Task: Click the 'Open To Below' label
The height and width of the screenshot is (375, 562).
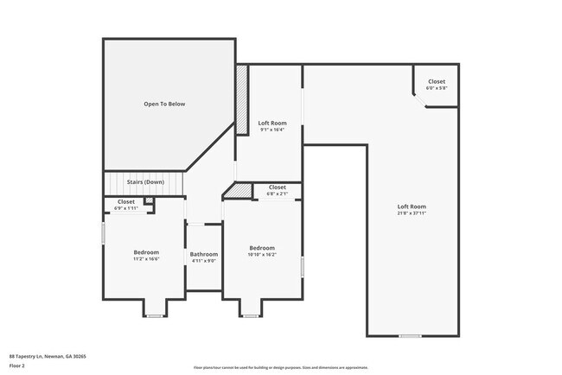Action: click(164, 105)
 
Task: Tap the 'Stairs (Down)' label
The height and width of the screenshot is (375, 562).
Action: click(145, 182)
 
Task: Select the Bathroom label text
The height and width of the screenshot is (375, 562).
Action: click(203, 254)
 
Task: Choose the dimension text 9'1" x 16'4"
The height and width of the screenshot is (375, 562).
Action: click(272, 130)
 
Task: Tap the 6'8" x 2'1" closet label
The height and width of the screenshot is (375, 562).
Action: click(277, 194)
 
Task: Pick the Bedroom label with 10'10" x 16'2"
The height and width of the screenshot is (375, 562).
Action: click(262, 248)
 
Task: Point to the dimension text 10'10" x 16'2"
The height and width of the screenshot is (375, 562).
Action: click(262, 254)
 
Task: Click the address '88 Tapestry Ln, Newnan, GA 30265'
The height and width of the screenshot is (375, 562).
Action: click(48, 356)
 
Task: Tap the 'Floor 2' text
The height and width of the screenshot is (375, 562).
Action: click(17, 365)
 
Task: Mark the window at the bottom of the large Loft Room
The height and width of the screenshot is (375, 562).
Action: click(410, 335)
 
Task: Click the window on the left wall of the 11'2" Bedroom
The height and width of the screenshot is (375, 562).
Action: click(104, 233)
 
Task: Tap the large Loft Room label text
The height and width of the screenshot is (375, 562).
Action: click(412, 207)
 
